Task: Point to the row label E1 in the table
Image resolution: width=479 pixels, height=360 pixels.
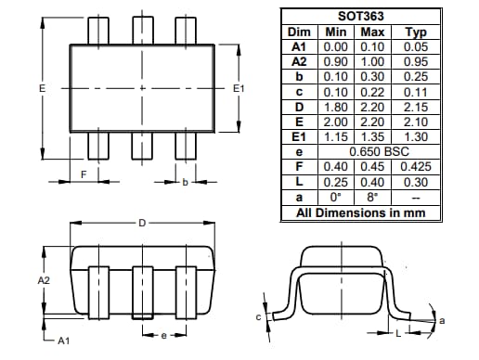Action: click(298, 135)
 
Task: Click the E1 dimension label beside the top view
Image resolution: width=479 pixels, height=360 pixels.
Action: click(238, 88)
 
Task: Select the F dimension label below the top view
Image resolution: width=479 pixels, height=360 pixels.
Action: click(84, 174)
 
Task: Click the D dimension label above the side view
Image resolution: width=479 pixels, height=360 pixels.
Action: click(141, 224)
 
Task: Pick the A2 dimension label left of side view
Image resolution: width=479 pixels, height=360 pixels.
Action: click(44, 278)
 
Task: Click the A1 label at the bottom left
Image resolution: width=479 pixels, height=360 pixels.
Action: click(63, 341)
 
